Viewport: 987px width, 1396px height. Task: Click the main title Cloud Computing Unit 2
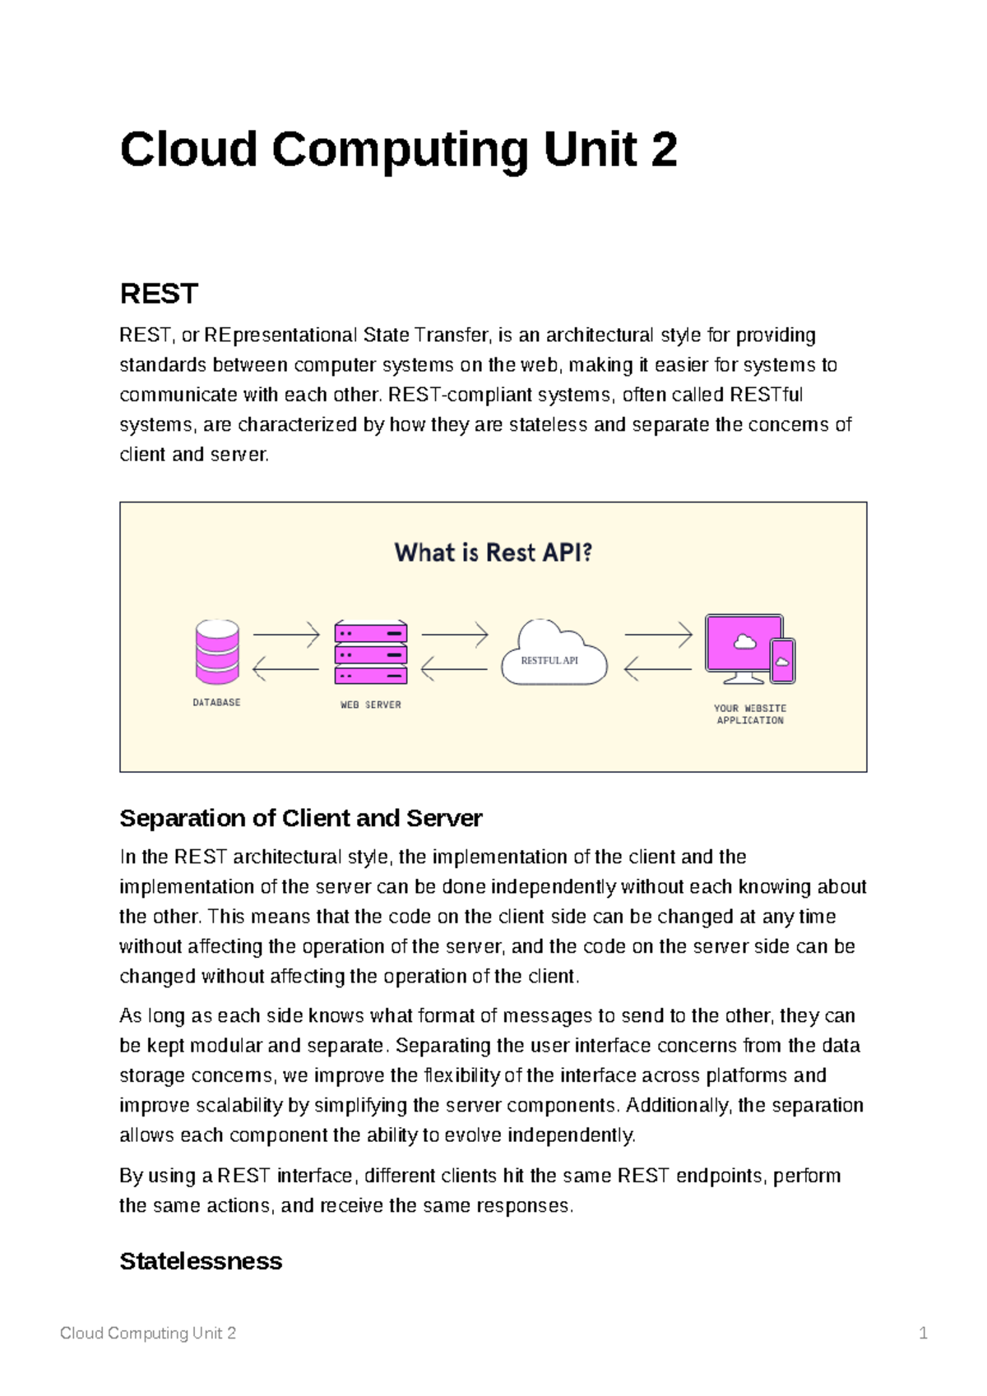click(x=398, y=151)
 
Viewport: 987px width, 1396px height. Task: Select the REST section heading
click(x=159, y=294)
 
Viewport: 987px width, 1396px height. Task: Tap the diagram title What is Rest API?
click(x=493, y=552)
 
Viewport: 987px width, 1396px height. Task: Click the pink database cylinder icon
click(x=217, y=652)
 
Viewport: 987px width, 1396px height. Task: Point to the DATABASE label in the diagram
click(x=217, y=703)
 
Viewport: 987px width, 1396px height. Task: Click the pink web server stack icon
click(x=371, y=653)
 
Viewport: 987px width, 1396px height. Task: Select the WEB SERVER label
click(x=371, y=705)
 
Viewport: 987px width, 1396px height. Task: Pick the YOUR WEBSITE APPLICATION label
click(x=750, y=714)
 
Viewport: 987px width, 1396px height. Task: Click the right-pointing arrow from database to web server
click(x=285, y=636)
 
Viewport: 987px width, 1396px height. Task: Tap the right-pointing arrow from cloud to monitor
click(x=658, y=636)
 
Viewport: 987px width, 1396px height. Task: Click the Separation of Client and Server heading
click(x=300, y=819)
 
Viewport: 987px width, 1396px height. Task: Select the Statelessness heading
click(x=201, y=1261)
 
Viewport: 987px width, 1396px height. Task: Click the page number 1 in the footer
click(x=924, y=1334)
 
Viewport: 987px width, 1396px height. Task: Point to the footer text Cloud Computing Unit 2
click(x=148, y=1334)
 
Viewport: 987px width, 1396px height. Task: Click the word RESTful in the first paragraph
click(x=766, y=395)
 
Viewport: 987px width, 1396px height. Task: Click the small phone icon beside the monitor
click(x=782, y=660)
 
